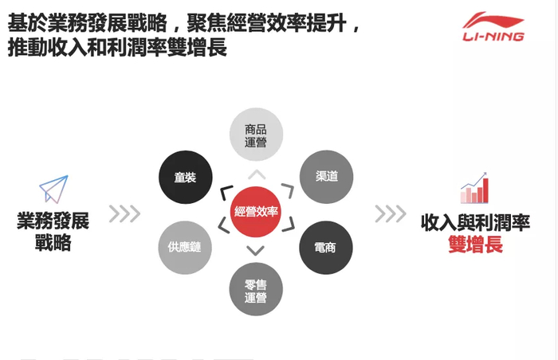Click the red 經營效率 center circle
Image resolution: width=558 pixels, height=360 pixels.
tap(256, 211)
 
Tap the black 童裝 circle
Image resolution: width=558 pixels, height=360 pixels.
tap(185, 177)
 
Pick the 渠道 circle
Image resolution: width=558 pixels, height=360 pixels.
tap(326, 176)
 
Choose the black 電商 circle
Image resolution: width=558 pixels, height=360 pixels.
tap(326, 248)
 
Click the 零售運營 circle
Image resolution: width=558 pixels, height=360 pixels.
tap(256, 290)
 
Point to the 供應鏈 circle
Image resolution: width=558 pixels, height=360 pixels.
tap(185, 247)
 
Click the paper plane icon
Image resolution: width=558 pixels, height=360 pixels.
tap(53, 190)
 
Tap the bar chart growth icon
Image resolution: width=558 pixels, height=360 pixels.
tap(474, 187)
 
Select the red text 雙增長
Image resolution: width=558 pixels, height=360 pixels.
tap(475, 245)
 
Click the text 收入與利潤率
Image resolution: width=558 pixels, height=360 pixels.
tap(475, 223)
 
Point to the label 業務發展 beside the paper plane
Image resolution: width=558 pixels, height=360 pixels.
tap(53, 221)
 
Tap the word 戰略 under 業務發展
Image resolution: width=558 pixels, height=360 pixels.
tap(53, 243)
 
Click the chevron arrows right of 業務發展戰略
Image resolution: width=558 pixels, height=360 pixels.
tap(124, 213)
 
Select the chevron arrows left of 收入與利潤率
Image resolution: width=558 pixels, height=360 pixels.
tap(391, 213)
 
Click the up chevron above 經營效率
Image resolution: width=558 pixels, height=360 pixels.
tap(256, 174)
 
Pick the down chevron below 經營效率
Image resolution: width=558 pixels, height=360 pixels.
tap(256, 252)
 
